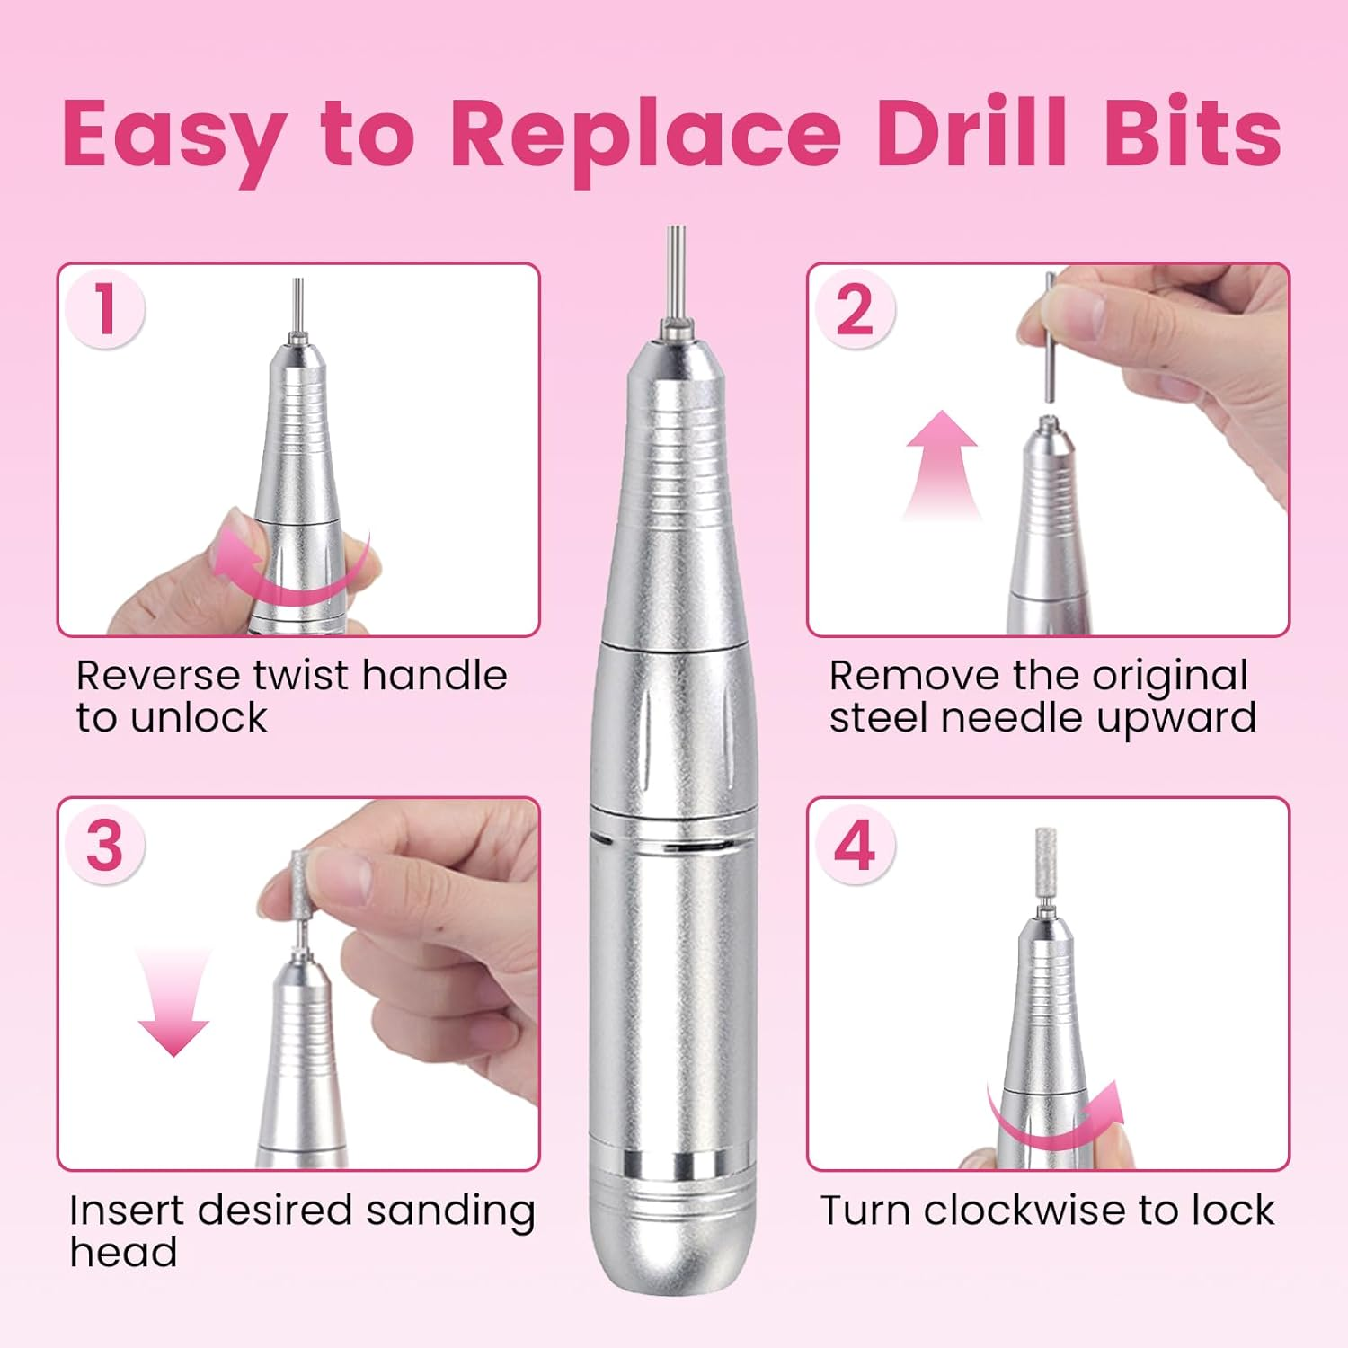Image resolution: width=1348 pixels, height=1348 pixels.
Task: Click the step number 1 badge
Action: pyautogui.click(x=105, y=308)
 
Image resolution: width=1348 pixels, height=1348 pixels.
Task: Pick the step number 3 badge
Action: pyautogui.click(x=105, y=845)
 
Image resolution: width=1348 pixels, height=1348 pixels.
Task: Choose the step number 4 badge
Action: pyautogui.click(x=855, y=845)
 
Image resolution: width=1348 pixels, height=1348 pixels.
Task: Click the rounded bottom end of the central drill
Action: pyautogui.click(x=673, y=1258)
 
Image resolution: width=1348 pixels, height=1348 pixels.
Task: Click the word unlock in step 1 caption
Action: pyautogui.click(x=198, y=718)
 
